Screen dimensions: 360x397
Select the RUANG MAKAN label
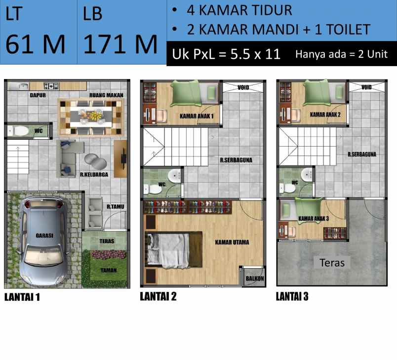pyautogui.click(x=106, y=95)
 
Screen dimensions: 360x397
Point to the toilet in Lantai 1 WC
pyautogui.click(x=19, y=131)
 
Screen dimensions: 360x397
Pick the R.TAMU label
pyautogui.click(x=115, y=207)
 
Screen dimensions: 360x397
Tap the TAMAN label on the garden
pyautogui.click(x=109, y=270)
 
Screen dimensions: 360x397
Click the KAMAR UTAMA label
pyautogui.click(x=232, y=242)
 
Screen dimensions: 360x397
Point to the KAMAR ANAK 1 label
pyautogui.click(x=197, y=116)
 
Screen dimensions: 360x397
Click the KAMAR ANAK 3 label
pyautogui.click(x=314, y=218)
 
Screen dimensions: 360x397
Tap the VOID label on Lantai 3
pyautogui.click(x=366, y=87)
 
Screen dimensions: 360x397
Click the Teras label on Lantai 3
pyautogui.click(x=332, y=262)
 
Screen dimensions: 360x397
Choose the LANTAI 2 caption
pyautogui.click(x=158, y=297)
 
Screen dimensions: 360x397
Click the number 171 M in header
pyautogui.click(x=120, y=44)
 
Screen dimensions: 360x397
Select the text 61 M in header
pyautogui.click(x=36, y=44)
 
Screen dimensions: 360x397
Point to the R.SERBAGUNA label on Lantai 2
pyautogui.click(x=237, y=160)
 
